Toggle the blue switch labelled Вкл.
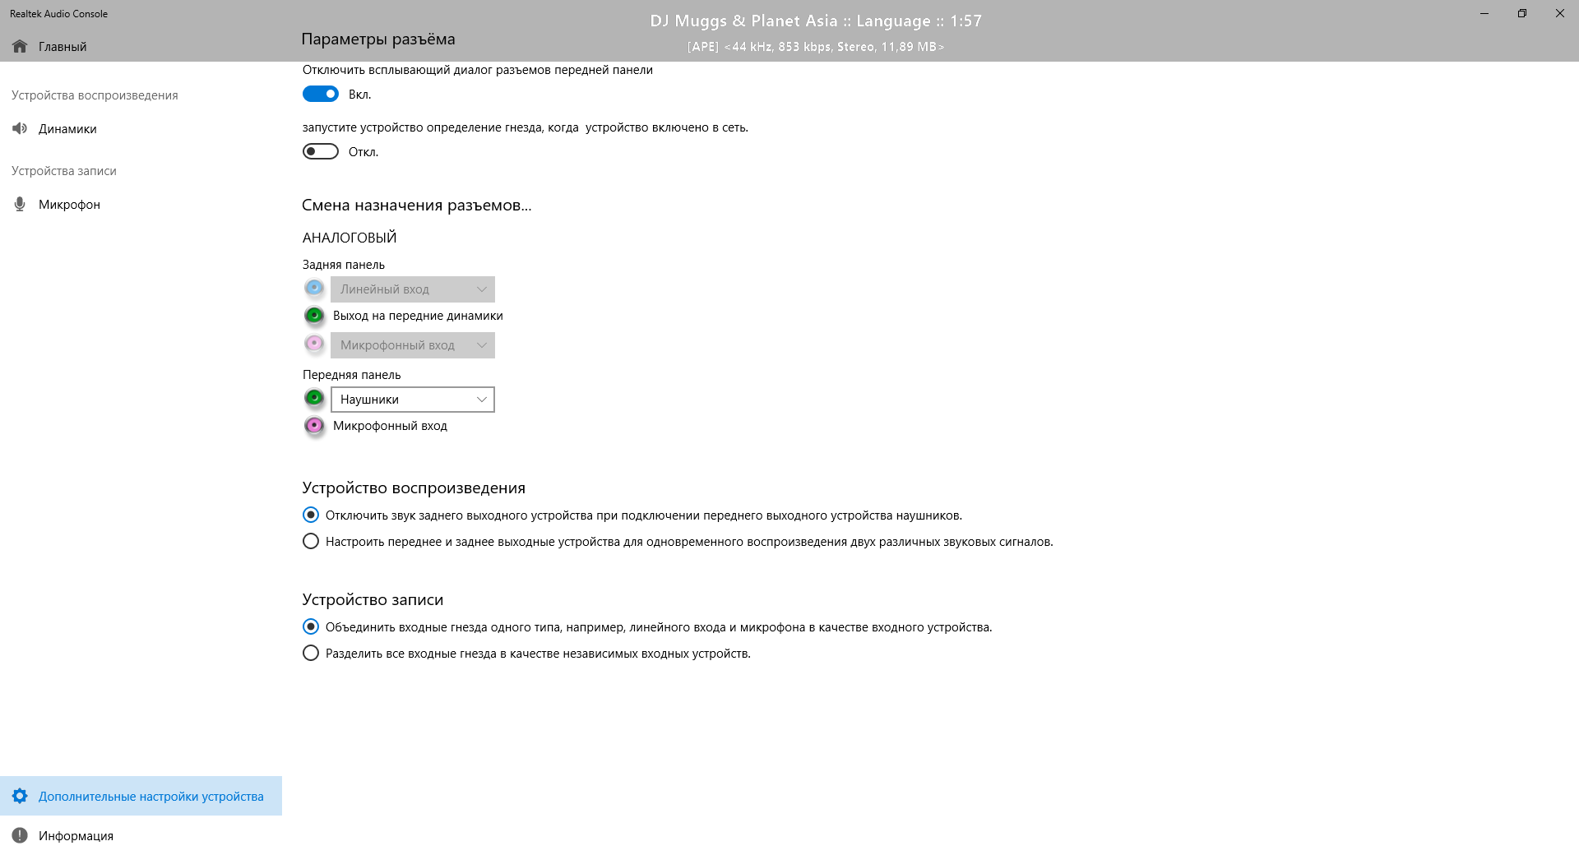point(321,95)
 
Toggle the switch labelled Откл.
point(321,152)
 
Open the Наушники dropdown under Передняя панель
point(412,400)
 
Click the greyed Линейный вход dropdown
point(412,289)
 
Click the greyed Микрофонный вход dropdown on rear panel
point(412,345)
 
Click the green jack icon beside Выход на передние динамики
point(314,316)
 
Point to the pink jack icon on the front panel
point(314,426)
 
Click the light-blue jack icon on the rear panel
point(314,289)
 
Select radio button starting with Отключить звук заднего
point(311,515)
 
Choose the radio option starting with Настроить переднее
point(311,542)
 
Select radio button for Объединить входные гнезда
point(311,627)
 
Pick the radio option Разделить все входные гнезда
point(311,654)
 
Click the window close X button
point(1559,14)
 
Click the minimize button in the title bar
point(1484,14)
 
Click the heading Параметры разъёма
point(378,39)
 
